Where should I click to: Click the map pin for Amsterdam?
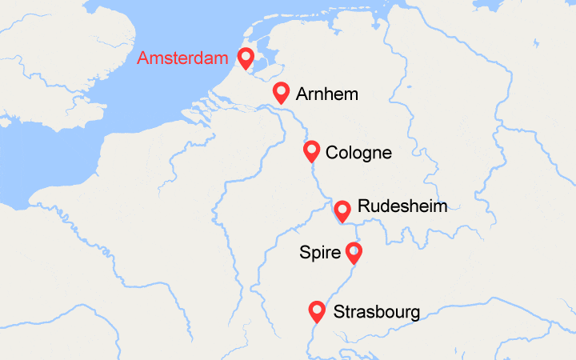click(x=245, y=58)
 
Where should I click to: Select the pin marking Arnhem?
click(x=281, y=92)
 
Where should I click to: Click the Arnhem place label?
click(x=326, y=94)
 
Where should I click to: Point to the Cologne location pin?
click(x=312, y=150)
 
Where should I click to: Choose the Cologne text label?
click(x=358, y=152)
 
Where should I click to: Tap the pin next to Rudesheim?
click(x=342, y=210)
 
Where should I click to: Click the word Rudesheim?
click(x=402, y=206)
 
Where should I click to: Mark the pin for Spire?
click(x=353, y=253)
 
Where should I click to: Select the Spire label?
click(x=320, y=254)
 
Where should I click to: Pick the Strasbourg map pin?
click(x=317, y=311)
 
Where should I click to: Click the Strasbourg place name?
click(x=376, y=312)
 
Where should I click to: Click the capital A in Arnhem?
click(x=302, y=94)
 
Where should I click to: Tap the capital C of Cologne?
click(x=332, y=152)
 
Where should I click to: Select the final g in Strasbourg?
click(x=414, y=314)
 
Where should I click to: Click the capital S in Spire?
click(x=305, y=254)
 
